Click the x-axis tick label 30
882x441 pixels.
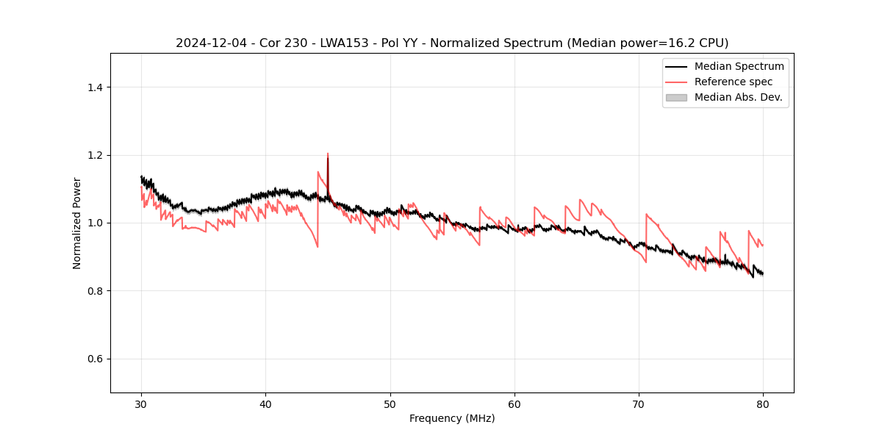click(x=142, y=404)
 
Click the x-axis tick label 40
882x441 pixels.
click(x=266, y=404)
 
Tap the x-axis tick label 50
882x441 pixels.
click(x=390, y=404)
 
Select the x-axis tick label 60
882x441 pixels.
click(x=514, y=404)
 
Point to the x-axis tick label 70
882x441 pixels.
click(x=639, y=404)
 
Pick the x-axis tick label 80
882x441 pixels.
click(x=763, y=404)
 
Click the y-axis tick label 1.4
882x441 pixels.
click(x=95, y=87)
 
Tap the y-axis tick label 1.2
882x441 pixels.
click(x=95, y=155)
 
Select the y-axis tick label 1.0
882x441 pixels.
click(x=95, y=223)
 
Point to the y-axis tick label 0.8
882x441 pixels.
click(x=95, y=291)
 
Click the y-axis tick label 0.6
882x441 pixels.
click(x=95, y=359)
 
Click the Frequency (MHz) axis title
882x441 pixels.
click(x=452, y=418)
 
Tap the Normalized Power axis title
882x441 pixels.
click(x=77, y=223)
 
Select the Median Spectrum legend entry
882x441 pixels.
click(x=739, y=66)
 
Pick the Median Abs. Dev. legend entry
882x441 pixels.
click(x=738, y=97)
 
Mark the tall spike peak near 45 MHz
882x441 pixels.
click(x=328, y=154)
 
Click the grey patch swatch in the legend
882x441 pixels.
click(x=676, y=97)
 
